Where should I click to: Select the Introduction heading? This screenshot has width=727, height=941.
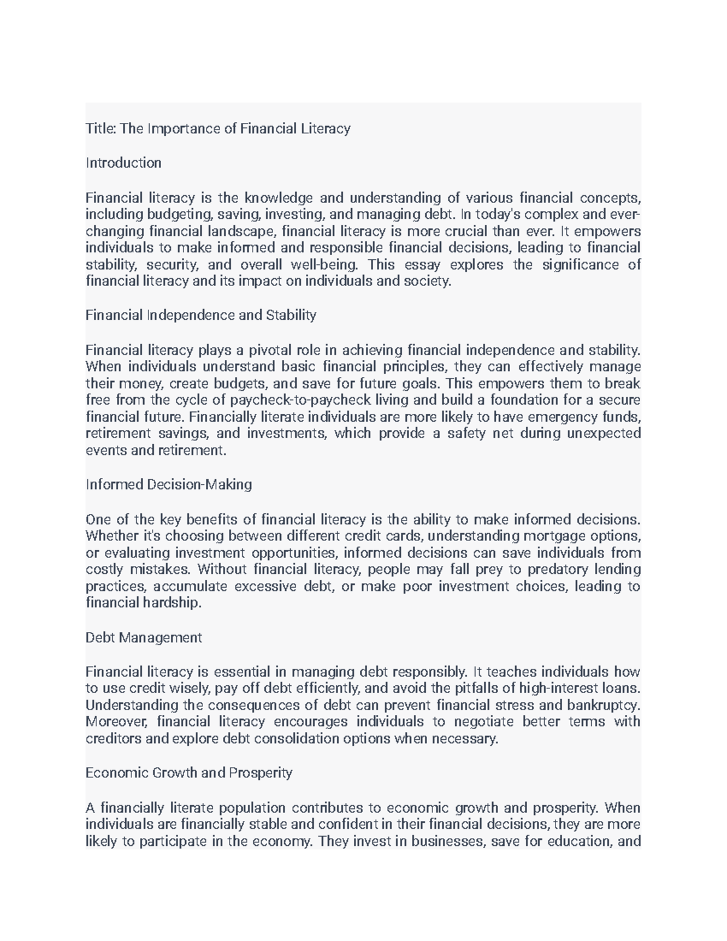pyautogui.click(x=124, y=163)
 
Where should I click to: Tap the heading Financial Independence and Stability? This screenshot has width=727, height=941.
pyautogui.click(x=201, y=315)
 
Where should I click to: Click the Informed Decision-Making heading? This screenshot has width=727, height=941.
pyautogui.click(x=168, y=485)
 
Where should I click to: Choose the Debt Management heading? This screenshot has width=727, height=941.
pyautogui.click(x=144, y=637)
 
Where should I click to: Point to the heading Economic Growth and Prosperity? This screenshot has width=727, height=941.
pyautogui.click(x=188, y=773)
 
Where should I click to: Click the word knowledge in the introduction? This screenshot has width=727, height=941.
pyautogui.click(x=279, y=198)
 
